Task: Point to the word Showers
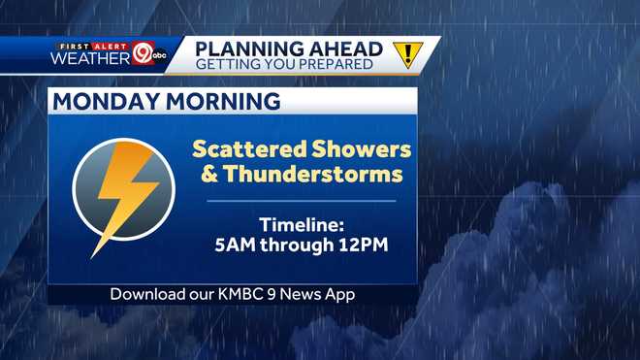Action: coord(359,149)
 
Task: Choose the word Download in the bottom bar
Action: coord(147,294)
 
